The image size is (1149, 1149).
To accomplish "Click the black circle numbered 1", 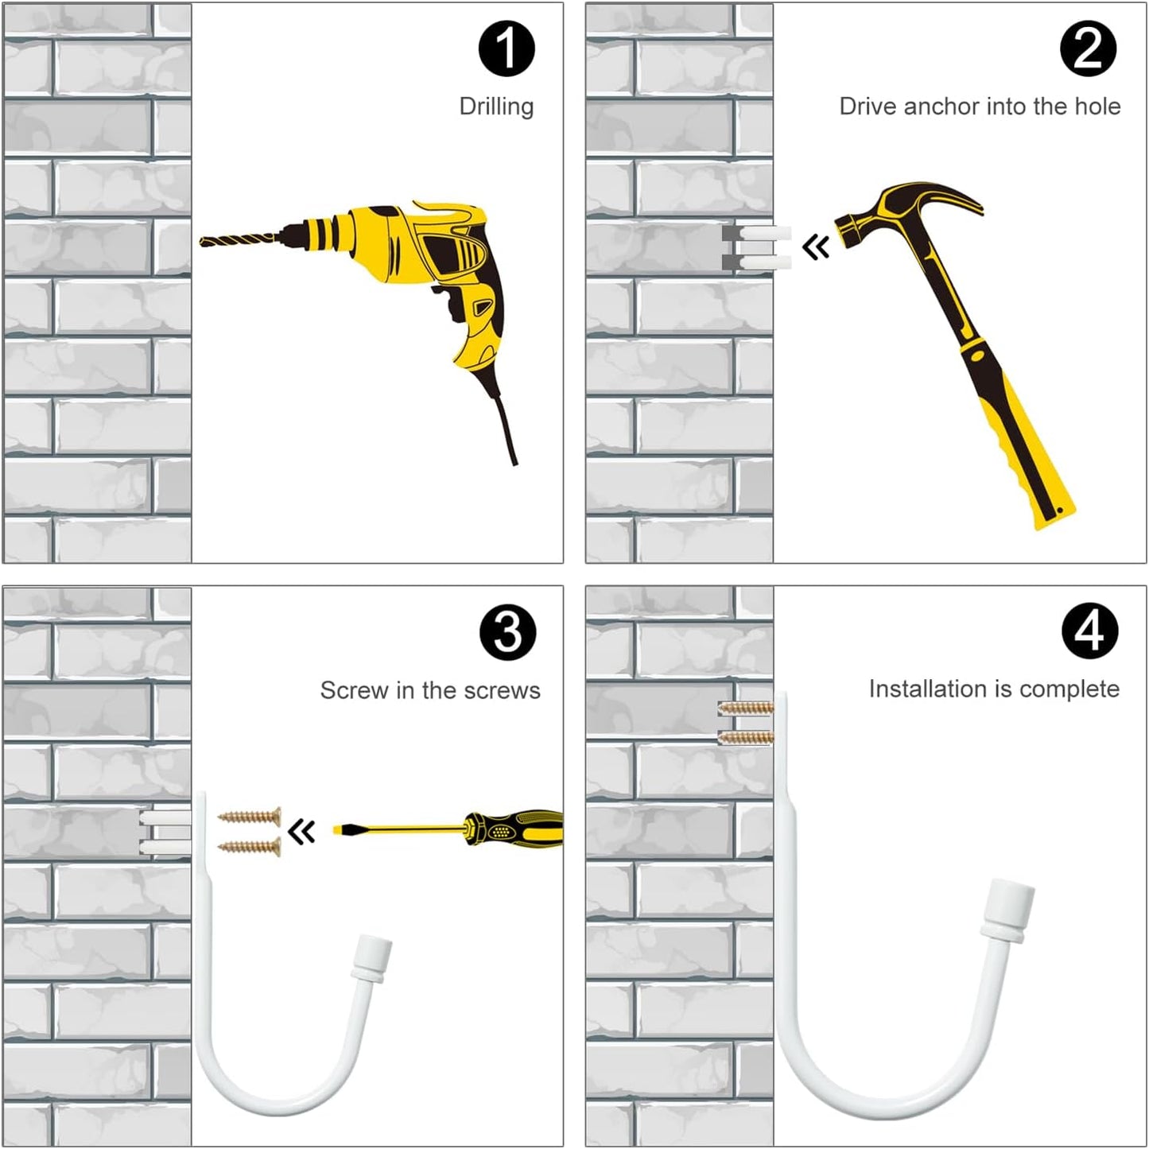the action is tap(507, 49).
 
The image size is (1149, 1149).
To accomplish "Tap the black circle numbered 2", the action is tap(1089, 49).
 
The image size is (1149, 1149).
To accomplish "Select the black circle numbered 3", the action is tap(507, 632).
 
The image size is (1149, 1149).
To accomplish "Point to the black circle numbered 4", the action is tap(1089, 631).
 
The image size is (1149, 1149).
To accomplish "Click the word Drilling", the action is tap(497, 107).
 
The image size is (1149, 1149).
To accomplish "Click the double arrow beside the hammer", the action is tap(816, 246).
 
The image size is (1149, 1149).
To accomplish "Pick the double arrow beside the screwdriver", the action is tap(301, 831).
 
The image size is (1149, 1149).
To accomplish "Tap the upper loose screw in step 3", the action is tap(249, 817).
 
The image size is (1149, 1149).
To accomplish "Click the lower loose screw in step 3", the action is tap(249, 846).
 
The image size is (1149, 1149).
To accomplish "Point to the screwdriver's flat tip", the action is tap(337, 829).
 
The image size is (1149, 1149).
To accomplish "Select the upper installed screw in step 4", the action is tap(745, 708).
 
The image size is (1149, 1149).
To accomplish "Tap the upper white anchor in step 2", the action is tap(765, 232).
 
